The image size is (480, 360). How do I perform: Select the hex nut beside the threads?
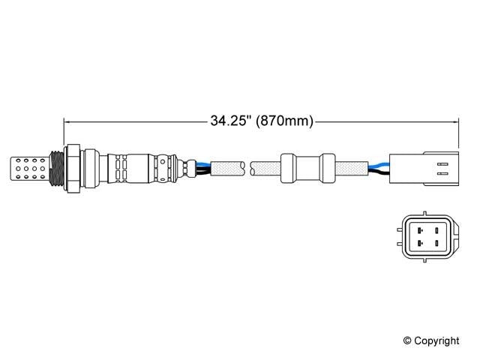point(73,168)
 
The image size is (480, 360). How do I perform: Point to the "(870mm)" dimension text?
point(284,121)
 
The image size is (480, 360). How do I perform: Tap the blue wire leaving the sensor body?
point(202,163)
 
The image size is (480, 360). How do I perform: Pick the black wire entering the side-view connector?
point(379,173)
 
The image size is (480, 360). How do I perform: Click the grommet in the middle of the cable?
point(307,167)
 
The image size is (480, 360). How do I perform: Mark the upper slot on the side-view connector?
point(442,160)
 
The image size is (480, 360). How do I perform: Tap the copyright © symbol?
point(408,340)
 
